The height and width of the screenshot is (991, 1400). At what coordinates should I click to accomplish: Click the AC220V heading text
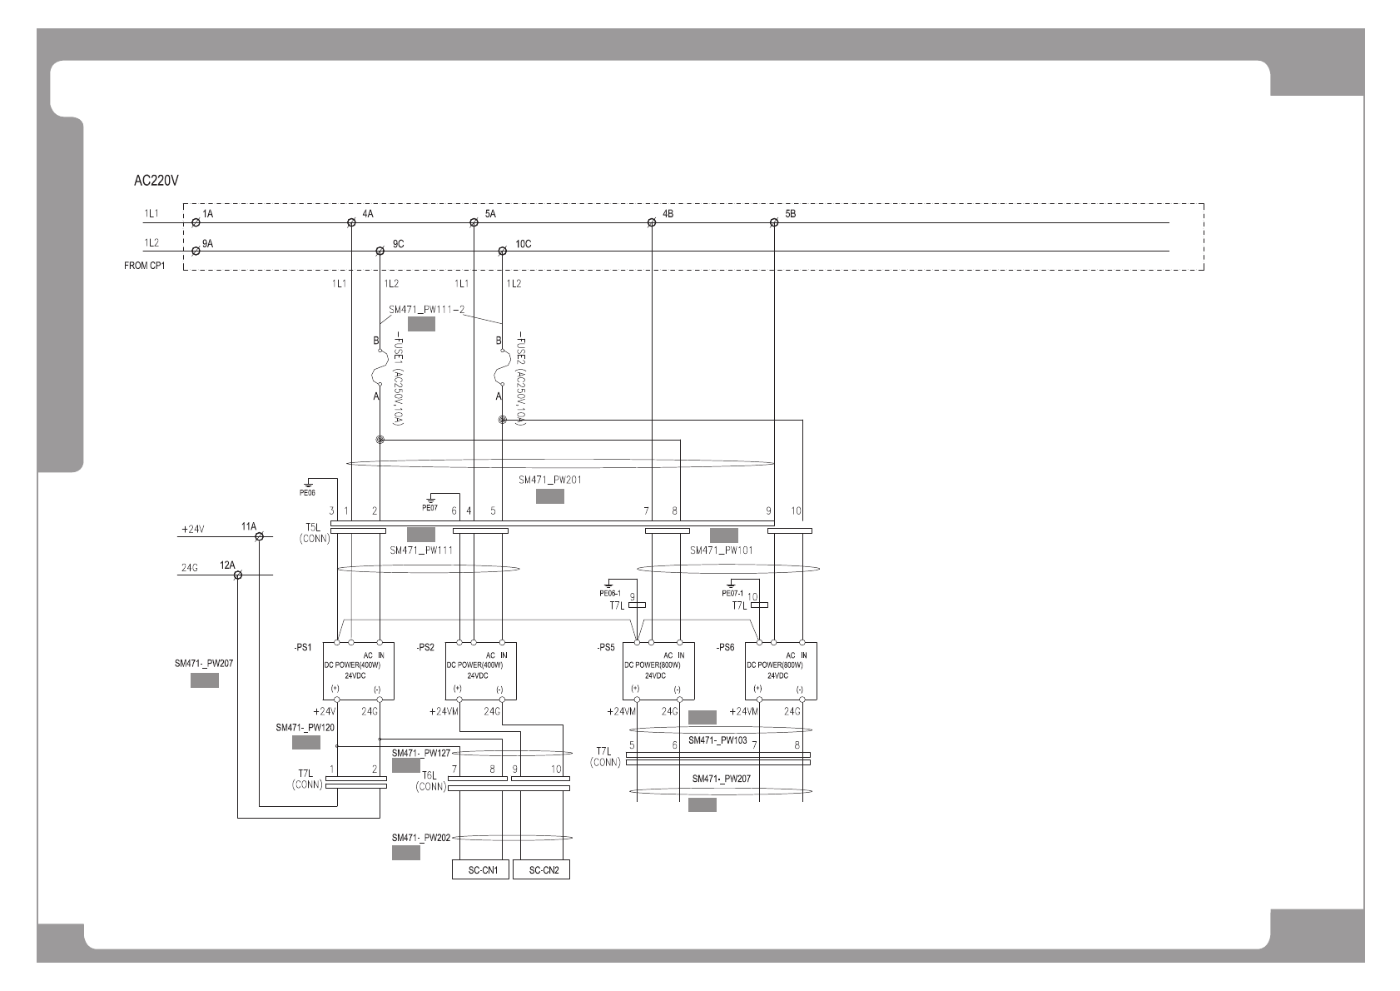(x=157, y=180)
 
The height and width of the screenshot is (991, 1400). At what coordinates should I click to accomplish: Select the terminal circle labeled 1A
(x=196, y=222)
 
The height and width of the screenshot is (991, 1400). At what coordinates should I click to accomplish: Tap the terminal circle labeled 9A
(x=196, y=251)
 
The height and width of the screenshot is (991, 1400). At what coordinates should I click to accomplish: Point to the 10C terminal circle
(x=502, y=251)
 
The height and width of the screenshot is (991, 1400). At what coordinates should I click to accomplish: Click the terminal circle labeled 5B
(x=774, y=222)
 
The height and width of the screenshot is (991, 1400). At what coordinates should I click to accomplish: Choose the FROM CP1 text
(x=144, y=266)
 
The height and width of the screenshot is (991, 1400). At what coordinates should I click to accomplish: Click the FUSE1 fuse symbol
(x=380, y=367)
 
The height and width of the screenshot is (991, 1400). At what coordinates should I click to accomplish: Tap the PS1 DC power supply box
(x=358, y=670)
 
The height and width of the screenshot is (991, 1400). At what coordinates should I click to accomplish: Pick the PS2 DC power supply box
(x=480, y=670)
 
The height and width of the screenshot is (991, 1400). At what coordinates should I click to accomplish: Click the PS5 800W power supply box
(x=658, y=670)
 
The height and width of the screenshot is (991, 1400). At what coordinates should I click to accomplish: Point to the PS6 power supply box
(x=780, y=670)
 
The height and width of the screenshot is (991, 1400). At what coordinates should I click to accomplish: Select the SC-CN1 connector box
(x=483, y=870)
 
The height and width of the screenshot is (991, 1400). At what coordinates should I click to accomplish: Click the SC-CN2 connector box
(x=541, y=870)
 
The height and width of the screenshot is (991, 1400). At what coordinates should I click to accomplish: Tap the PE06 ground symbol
(x=308, y=483)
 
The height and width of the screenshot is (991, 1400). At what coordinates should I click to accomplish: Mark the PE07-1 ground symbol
(x=731, y=584)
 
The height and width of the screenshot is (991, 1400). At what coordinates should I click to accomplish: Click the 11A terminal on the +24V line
(x=259, y=537)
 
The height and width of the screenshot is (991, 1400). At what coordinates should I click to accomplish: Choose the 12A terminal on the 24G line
(x=237, y=575)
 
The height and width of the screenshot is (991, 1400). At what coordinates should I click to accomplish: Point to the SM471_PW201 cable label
(x=549, y=480)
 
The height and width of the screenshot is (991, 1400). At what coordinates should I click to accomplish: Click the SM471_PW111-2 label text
(x=426, y=310)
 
